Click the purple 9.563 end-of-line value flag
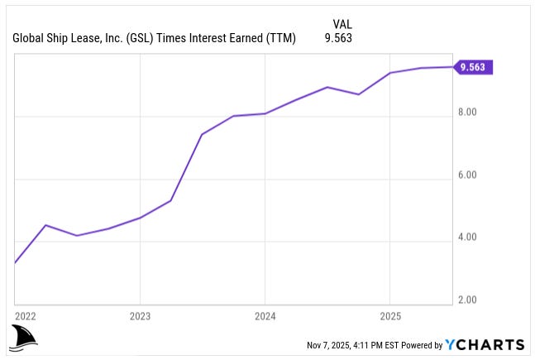coord(475,68)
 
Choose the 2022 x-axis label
coord(26,316)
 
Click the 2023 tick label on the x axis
coord(140,316)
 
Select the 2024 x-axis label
coord(265,316)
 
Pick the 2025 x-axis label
coord(389,316)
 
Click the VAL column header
coord(342,24)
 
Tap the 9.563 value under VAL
coord(337,38)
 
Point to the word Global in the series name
coord(30,38)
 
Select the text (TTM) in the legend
coord(279,38)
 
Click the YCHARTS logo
coord(484,344)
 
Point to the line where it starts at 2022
coord(16,262)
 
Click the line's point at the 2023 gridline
coord(140,218)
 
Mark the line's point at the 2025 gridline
coord(389,73)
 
